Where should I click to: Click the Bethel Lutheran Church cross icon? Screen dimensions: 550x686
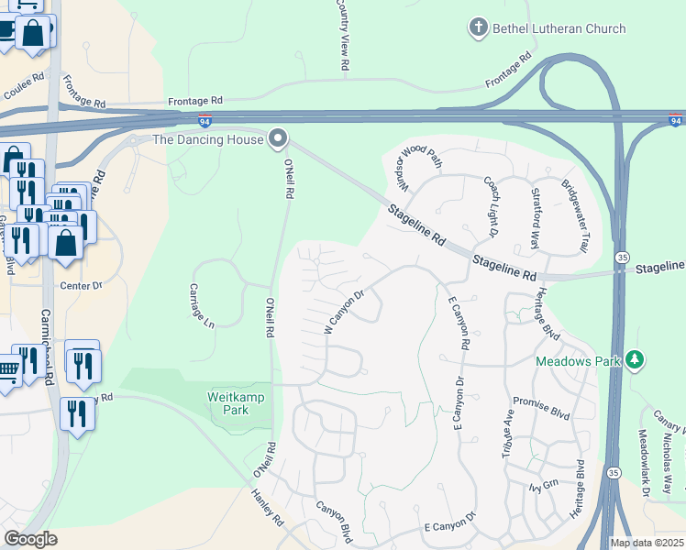pyautogui.click(x=477, y=28)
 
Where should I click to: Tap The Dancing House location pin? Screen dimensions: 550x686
pyautogui.click(x=279, y=140)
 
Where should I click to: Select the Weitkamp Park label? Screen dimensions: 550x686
pyautogui.click(x=227, y=402)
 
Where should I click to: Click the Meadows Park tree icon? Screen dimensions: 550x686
pyautogui.click(x=633, y=361)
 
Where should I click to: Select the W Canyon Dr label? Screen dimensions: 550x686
pyautogui.click(x=345, y=312)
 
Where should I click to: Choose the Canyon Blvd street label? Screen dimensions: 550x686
pyautogui.click(x=334, y=522)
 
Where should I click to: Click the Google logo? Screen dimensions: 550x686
pyautogui.click(x=30, y=539)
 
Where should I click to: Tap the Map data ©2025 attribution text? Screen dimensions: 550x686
pyautogui.click(x=647, y=543)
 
